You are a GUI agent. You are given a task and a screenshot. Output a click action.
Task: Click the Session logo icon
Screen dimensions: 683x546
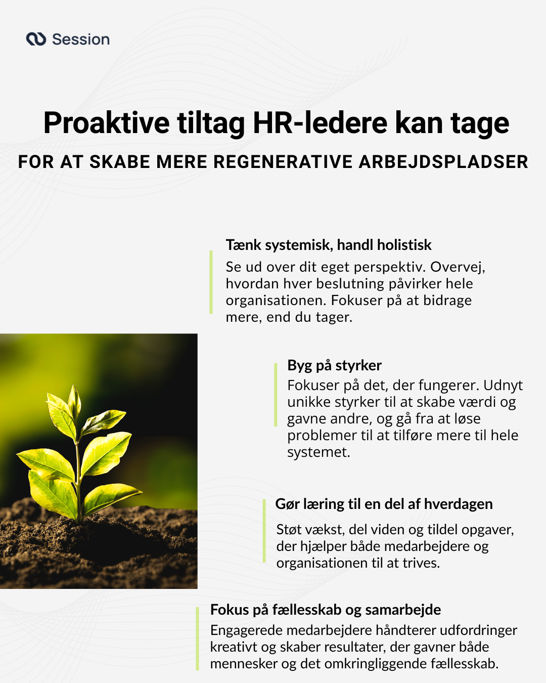tap(36, 39)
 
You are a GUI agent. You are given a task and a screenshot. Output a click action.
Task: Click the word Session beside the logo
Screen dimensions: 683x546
tap(81, 39)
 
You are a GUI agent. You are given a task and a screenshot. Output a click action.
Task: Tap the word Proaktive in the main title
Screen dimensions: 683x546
tap(107, 123)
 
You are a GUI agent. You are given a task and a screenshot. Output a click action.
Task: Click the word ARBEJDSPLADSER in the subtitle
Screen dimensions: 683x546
tap(443, 162)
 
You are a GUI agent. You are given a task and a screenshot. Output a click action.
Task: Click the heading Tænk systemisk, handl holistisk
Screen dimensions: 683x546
tap(328, 245)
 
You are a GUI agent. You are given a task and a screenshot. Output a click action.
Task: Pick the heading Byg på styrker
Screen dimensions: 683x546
tap(334, 365)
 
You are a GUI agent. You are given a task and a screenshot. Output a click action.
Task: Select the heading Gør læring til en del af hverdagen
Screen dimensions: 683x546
tap(384, 504)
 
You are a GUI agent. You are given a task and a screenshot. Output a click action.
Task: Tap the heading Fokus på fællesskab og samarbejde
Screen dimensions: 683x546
tap(325, 610)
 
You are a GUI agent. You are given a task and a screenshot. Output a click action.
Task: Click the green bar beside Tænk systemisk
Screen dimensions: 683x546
tap(211, 282)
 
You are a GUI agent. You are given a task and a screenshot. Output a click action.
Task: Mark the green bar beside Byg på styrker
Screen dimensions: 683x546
tap(276, 395)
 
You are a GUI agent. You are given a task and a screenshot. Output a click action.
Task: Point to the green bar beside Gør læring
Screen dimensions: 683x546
tap(264, 531)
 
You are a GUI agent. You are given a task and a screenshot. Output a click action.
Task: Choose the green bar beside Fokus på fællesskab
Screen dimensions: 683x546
tap(197, 638)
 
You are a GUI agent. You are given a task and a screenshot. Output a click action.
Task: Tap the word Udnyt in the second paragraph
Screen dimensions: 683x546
tap(503, 386)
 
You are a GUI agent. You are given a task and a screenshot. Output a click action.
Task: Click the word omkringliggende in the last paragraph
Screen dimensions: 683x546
tap(376, 664)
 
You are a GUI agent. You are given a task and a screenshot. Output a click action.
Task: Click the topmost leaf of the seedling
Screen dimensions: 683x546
tap(74, 400)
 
